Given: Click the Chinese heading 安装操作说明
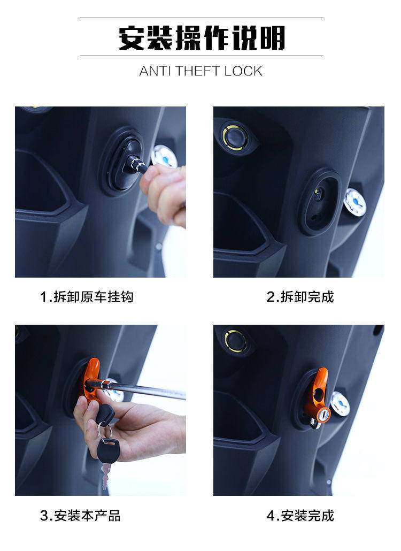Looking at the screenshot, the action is [202, 37].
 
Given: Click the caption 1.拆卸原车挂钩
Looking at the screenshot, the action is [87, 297].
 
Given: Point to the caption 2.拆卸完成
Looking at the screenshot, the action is [300, 297].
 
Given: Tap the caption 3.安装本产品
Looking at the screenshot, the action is [80, 516].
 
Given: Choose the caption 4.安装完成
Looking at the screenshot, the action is [300, 516].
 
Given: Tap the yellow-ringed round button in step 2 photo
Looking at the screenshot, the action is [235, 137].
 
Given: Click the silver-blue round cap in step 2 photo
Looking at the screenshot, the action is [355, 202].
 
